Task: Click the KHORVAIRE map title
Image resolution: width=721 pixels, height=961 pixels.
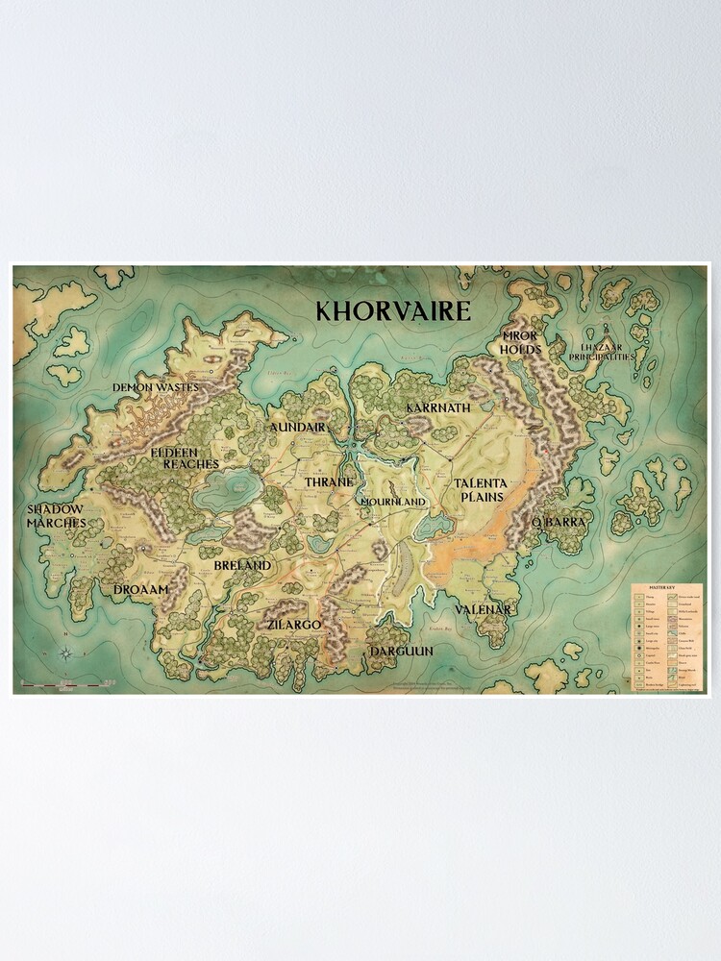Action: coord(393,310)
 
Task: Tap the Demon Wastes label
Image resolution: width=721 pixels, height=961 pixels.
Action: coord(156,387)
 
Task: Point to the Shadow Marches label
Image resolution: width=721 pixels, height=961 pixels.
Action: coord(56,515)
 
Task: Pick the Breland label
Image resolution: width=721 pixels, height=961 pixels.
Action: coord(242,565)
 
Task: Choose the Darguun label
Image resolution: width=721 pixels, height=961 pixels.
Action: coord(401,651)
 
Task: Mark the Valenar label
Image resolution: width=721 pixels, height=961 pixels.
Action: coord(483,609)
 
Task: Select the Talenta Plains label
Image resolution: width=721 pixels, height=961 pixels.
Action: coord(481,489)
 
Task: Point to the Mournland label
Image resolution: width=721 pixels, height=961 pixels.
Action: coord(392,502)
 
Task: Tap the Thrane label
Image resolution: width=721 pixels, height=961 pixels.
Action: coord(330,481)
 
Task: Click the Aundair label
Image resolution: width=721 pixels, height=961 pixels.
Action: coord(298,427)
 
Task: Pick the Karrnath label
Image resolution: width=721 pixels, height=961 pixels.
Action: coord(438,407)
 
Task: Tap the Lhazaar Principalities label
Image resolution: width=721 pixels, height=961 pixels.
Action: coord(609,351)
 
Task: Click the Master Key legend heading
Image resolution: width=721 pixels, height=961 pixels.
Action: coord(664,587)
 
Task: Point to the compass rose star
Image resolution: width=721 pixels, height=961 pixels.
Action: coord(65,654)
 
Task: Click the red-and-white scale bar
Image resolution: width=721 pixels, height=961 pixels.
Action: coord(60,683)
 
